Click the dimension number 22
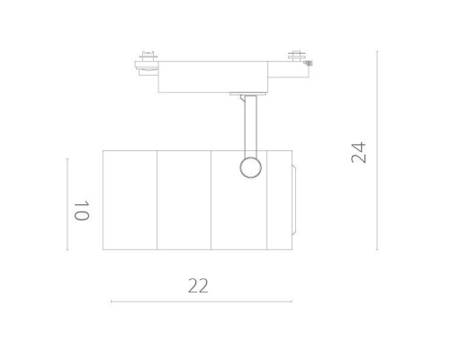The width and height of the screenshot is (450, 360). pos(198,286)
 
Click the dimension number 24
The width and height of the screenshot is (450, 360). pos(359,151)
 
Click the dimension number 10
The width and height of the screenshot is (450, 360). pos(81,211)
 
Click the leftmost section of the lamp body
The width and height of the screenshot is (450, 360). pos(130,200)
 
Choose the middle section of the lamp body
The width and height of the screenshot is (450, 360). pos(184,200)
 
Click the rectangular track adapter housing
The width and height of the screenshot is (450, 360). pos(214,76)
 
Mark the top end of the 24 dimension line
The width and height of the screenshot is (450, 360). pos(376,51)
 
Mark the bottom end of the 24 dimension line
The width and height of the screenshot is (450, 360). pos(376,250)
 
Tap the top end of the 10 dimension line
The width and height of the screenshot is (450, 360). pos(67,159)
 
